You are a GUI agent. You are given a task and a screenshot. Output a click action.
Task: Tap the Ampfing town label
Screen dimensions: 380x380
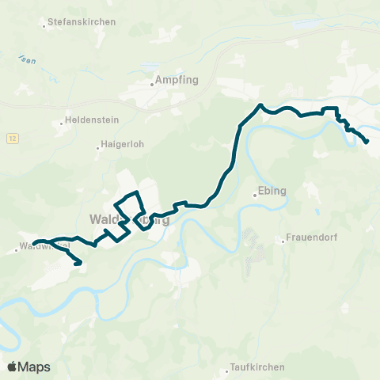click(x=176, y=80)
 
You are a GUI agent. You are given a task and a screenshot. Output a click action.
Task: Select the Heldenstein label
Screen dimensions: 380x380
click(x=87, y=122)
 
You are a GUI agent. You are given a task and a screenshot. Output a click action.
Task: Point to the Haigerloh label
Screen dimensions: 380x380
click(x=120, y=146)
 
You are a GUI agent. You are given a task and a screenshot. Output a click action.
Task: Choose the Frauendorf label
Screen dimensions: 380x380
click(x=313, y=240)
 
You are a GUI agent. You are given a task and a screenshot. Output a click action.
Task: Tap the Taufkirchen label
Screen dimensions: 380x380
click(x=257, y=367)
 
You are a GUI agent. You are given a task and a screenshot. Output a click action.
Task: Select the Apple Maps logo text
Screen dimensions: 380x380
click(x=34, y=367)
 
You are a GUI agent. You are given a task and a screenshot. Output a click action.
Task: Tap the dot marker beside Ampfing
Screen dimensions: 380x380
click(x=152, y=80)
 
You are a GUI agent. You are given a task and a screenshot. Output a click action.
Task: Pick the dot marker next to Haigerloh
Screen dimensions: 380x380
click(x=98, y=146)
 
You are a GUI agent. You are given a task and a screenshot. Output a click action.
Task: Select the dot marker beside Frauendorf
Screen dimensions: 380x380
click(x=283, y=240)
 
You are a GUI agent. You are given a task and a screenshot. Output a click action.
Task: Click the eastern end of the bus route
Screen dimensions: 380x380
click(x=367, y=142)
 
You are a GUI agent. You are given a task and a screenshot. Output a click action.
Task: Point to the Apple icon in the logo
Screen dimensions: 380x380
click(x=12, y=367)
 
